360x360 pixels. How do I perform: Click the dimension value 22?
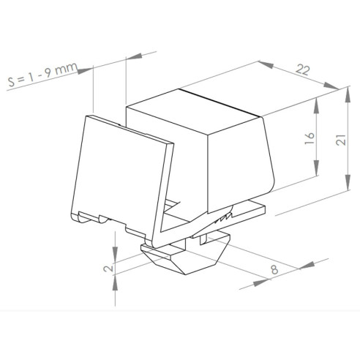pyautogui.click(x=303, y=70)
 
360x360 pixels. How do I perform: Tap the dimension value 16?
pyautogui.click(x=310, y=138)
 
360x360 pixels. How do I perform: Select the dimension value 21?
pyautogui.click(x=341, y=140)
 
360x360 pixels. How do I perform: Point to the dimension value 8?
pyautogui.click(x=274, y=270)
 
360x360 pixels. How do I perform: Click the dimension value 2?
pyautogui.click(x=108, y=269)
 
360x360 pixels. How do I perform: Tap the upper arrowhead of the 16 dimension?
pyautogui.click(x=316, y=105)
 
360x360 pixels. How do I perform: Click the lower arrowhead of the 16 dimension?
pyautogui.click(x=316, y=168)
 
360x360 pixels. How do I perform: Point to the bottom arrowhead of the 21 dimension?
pyautogui.click(x=348, y=182)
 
